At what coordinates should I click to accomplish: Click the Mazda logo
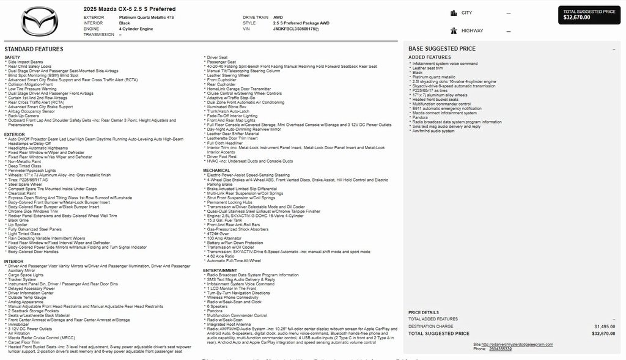40,22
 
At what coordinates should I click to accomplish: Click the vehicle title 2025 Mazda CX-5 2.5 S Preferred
130,9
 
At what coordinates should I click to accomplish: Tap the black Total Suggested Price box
589,15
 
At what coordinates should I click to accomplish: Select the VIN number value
295,29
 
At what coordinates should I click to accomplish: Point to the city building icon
453,13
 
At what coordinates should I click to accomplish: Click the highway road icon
453,30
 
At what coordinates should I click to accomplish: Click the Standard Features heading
34,49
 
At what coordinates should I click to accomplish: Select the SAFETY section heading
12,57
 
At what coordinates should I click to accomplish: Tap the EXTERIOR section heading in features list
15,134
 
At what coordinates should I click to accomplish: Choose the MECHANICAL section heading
216,171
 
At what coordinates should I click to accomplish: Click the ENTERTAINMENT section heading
220,270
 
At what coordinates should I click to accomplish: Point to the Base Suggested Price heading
441,48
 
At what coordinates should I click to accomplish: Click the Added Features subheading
429,57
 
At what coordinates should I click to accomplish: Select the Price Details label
423,312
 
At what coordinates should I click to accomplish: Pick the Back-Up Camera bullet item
23,116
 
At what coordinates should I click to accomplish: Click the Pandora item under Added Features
420,117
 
